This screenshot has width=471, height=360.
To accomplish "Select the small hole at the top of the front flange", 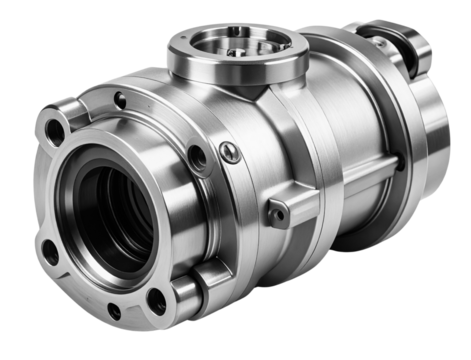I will tap(120, 99).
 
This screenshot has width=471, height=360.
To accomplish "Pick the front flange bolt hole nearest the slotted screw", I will tap(197, 156).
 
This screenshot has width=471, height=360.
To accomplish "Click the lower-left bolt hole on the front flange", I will tap(49, 251).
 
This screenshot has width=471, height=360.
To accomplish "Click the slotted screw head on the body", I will tap(230, 152).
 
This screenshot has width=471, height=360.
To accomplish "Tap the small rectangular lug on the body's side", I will tap(278, 211).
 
